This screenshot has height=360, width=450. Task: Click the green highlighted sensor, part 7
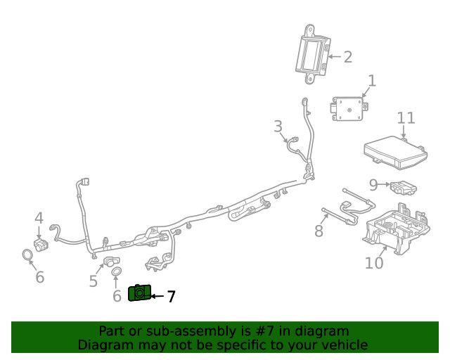[139, 293]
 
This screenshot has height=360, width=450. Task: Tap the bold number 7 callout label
[170, 297]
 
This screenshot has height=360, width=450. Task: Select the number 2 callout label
[347, 56]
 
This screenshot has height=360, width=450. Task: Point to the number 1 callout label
[371, 81]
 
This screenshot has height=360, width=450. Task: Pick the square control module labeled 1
[347, 110]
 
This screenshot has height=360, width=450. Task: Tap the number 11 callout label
[406, 118]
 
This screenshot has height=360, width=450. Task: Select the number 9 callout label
[373, 185]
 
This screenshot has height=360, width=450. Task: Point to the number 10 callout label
[374, 263]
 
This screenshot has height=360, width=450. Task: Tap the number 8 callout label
[319, 231]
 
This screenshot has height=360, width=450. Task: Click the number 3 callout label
[278, 126]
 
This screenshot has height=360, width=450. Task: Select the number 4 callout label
[39, 218]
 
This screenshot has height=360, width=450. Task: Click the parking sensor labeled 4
[41, 243]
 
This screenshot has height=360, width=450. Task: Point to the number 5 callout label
[93, 282]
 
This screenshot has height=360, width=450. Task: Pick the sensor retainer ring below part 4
[27, 255]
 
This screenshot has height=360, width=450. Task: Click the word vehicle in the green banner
[344, 345]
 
